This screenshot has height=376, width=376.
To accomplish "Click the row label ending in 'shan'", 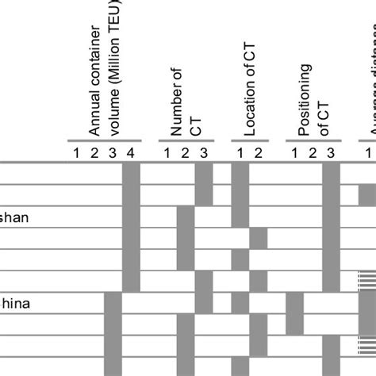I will [16, 216].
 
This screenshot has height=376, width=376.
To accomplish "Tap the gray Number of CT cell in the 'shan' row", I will [186, 217].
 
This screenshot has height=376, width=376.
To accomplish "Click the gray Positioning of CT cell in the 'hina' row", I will [294, 303].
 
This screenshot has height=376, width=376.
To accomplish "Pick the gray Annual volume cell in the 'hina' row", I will [113, 303].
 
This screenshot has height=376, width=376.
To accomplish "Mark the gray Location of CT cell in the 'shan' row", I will [240, 217].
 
